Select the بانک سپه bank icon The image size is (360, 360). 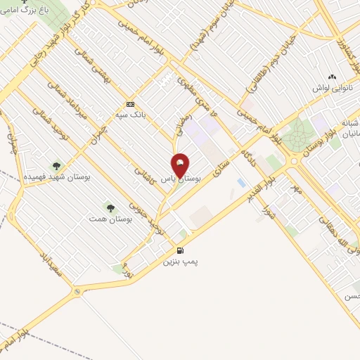tap(130, 103)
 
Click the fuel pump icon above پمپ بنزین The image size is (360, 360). tap(181, 251)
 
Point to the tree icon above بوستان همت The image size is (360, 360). tap(110, 207)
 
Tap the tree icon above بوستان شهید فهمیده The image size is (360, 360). tap(56, 166)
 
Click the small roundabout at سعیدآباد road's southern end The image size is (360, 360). tap(77, 292)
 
